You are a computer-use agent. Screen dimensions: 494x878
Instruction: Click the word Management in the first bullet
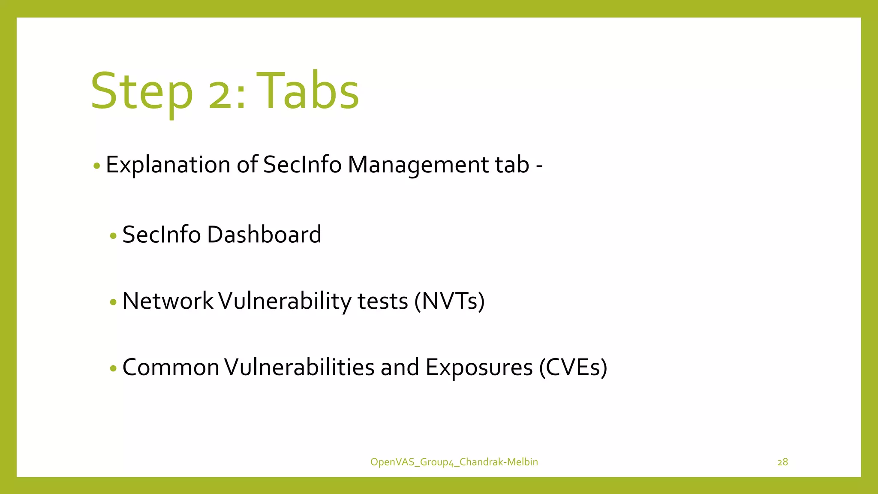418,165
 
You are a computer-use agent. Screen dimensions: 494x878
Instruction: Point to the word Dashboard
264,235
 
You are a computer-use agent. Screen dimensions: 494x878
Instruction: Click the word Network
168,301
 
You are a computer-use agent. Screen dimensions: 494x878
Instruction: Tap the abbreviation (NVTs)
449,301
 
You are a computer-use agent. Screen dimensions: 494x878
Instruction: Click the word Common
171,367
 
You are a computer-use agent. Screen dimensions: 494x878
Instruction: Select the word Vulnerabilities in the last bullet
299,367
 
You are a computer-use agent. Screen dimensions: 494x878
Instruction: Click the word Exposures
479,368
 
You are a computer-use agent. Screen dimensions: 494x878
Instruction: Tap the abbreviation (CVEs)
573,367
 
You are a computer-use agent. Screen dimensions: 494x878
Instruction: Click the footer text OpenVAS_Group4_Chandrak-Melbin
454,462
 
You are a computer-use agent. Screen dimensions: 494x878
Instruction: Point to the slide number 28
782,462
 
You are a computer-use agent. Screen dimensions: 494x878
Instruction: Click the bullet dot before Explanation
96,166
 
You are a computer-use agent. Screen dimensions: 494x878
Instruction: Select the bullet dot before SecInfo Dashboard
113,236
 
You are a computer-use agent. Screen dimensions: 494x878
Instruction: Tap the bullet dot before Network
113,302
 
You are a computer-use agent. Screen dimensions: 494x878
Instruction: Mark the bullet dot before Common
113,368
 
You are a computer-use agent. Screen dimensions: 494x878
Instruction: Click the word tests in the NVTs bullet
382,301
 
